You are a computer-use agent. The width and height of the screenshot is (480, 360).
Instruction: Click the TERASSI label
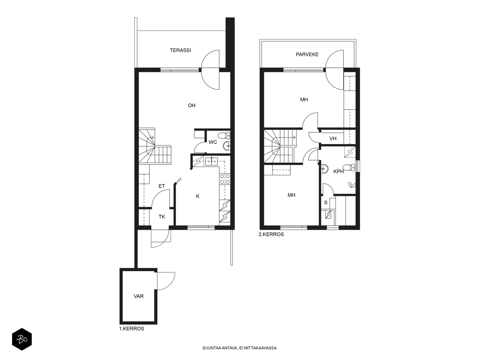point(180,50)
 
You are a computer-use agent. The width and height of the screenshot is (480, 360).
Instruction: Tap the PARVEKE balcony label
point(307,54)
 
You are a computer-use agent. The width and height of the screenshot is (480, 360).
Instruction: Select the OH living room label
point(192,105)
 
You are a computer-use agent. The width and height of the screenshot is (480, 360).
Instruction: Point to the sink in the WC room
point(226,145)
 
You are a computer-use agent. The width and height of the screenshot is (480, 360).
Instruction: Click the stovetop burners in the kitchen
point(225,179)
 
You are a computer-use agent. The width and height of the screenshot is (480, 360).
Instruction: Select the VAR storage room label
point(139,296)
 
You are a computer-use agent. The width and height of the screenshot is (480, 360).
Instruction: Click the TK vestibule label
point(162,217)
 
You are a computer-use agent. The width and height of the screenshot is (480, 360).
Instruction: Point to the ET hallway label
point(162,186)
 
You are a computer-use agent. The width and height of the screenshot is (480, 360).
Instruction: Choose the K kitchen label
point(198,196)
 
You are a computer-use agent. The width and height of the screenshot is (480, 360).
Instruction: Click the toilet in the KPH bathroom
point(349,167)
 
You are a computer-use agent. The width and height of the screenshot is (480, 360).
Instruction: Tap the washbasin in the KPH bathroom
point(325,169)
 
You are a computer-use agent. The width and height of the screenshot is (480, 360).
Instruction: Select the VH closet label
point(333,139)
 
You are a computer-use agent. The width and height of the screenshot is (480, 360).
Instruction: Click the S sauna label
point(325,202)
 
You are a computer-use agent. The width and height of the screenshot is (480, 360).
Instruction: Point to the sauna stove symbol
point(328,214)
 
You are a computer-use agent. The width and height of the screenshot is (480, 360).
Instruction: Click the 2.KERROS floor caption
point(271,234)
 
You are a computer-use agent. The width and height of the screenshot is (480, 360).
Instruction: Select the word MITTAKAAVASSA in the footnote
point(263,348)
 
